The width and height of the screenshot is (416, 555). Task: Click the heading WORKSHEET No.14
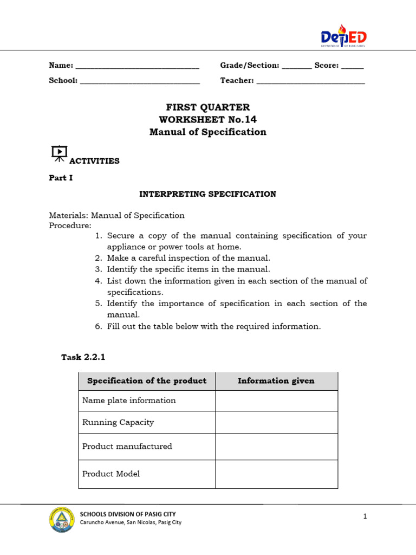[x=208, y=120]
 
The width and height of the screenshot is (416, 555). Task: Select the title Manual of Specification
[x=208, y=132]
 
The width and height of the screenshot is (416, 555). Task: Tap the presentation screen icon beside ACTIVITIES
[x=59, y=154]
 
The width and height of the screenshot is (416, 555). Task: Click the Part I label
[x=61, y=178]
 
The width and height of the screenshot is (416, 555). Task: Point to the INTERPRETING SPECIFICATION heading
[x=208, y=194]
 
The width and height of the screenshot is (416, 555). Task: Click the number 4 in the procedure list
[x=98, y=281]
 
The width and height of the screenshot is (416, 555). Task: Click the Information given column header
[x=276, y=381]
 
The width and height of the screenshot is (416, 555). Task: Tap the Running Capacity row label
[x=118, y=422]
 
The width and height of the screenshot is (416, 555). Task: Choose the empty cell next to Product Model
[x=276, y=474]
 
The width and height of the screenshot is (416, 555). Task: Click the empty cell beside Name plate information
[x=276, y=401]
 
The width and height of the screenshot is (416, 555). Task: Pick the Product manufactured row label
[x=127, y=447]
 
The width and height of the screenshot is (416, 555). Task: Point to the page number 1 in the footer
[x=365, y=517]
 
